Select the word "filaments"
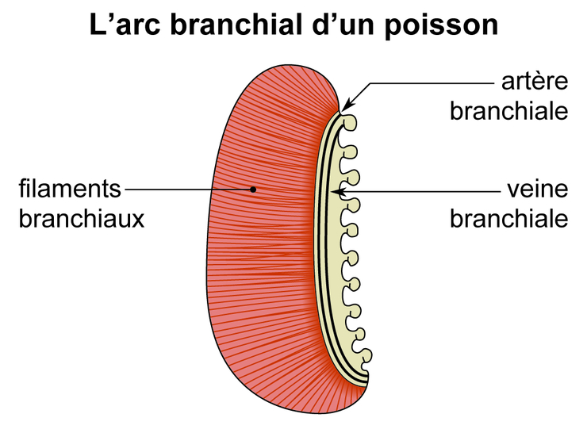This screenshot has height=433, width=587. click(x=71, y=190)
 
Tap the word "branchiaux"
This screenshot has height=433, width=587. click(x=82, y=218)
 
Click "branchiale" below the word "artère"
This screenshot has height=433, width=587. click(x=509, y=110)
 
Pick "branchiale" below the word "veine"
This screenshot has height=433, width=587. click(x=509, y=218)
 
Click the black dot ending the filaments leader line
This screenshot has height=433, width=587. click(x=252, y=190)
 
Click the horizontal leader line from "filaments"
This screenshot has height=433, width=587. click(x=186, y=190)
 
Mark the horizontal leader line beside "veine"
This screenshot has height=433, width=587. click(x=420, y=191)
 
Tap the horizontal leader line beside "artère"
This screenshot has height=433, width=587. click(x=428, y=82)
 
